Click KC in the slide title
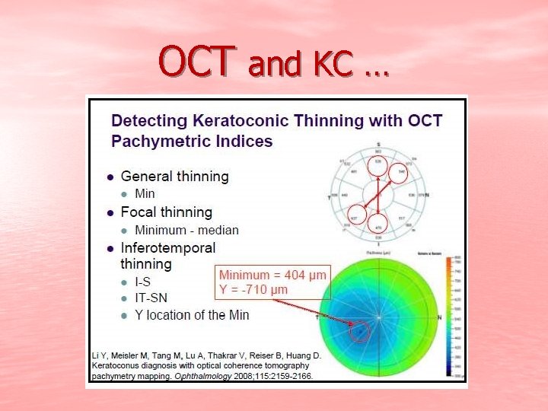[x=332, y=65]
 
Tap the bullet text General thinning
[x=174, y=176]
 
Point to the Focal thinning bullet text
[x=166, y=212]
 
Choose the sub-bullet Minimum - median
[x=186, y=230]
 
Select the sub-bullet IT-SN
[x=151, y=298]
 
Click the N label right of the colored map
[x=439, y=316]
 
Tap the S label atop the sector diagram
[x=378, y=144]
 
